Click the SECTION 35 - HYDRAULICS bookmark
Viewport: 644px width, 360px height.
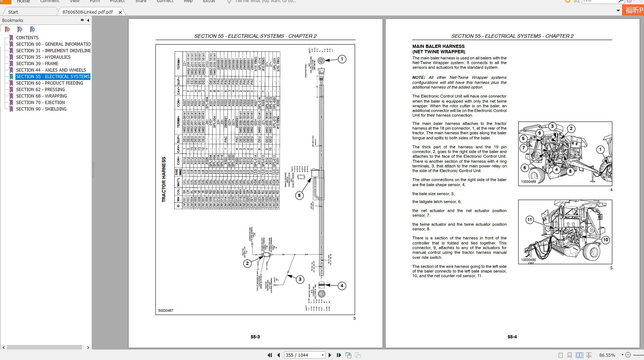pyautogui.click(x=43, y=57)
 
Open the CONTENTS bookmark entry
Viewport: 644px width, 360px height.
pyautogui.click(x=27, y=37)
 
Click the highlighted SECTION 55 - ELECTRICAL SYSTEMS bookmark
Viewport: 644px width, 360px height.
pyautogui.click(x=53, y=76)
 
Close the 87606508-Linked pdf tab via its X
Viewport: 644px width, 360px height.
pyautogui.click(x=120, y=12)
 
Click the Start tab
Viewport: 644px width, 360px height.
pyautogui.click(x=13, y=12)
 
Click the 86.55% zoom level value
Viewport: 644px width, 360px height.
pyautogui.click(x=607, y=355)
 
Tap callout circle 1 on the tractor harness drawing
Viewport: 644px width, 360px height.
pyautogui.click(x=342, y=59)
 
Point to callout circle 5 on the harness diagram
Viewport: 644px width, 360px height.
pyautogui.click(x=299, y=195)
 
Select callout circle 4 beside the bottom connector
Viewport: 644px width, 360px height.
pyautogui.click(x=342, y=286)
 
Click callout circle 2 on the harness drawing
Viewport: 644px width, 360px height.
pyautogui.click(x=247, y=264)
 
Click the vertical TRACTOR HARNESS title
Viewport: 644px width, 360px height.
pyautogui.click(x=164, y=179)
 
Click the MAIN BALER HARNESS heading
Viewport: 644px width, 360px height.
pyautogui.click(x=438, y=46)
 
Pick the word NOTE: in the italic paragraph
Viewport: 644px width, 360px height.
pyautogui.click(x=419, y=77)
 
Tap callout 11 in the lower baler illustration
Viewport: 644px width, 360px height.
pyautogui.click(x=530, y=220)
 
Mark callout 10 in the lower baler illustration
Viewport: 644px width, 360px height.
pyautogui.click(x=605, y=240)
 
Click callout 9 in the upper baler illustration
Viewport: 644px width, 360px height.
pyautogui.click(x=539, y=133)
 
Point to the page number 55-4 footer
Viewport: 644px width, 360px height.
pyautogui.click(x=512, y=337)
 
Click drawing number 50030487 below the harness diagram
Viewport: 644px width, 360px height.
pyautogui.click(x=166, y=310)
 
